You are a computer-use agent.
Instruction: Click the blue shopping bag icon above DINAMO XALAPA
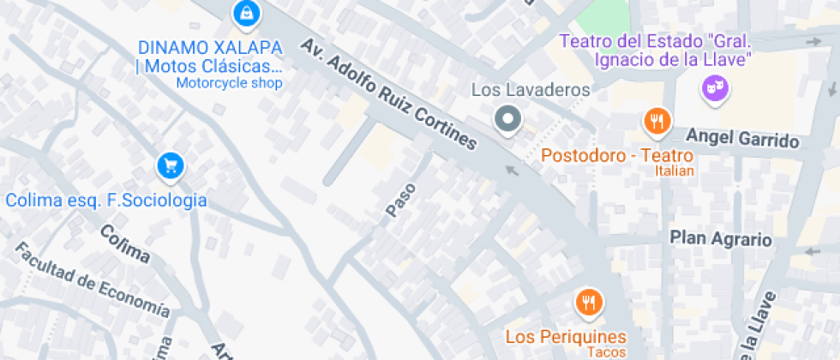click(x=247, y=13)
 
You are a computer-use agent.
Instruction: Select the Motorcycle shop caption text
click(x=229, y=83)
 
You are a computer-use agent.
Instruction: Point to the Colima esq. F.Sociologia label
click(x=106, y=201)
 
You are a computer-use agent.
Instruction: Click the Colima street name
click(x=124, y=244)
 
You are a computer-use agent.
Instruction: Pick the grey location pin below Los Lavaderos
click(x=508, y=120)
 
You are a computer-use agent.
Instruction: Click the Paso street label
click(x=400, y=200)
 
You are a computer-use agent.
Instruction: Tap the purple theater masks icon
click(x=713, y=87)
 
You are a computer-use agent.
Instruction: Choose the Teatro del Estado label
click(x=656, y=51)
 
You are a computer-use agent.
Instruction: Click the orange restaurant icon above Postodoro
click(x=657, y=122)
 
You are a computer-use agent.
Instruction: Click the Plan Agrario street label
click(x=720, y=238)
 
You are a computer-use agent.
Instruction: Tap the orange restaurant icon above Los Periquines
click(x=588, y=302)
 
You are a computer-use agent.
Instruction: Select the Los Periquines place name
click(x=566, y=336)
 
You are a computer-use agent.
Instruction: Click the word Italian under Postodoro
click(x=675, y=171)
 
